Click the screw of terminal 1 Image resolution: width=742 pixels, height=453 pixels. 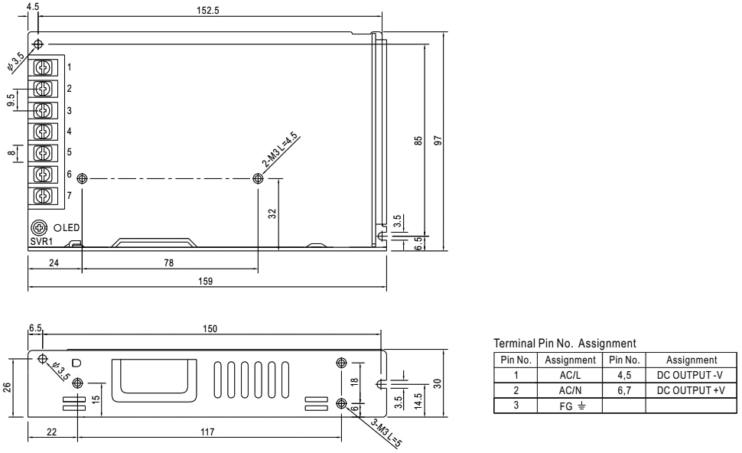(43, 67)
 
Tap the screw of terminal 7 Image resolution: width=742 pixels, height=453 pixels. (43, 195)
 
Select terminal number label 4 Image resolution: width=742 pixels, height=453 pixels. (69, 131)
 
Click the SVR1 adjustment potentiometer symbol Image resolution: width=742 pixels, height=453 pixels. (39, 228)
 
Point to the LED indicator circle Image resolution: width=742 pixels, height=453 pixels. (57, 228)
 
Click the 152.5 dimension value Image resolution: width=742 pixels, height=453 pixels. (208, 11)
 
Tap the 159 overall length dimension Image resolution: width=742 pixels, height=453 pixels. (205, 281)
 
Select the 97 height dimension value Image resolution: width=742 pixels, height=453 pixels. (438, 141)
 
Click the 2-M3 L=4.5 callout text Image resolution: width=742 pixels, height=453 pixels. (280, 150)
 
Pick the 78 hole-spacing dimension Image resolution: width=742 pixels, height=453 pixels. (169, 262)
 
